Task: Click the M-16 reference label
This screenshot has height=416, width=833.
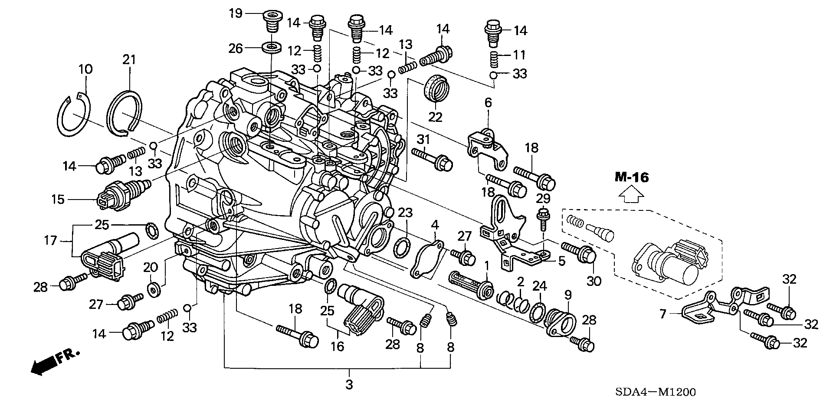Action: pyautogui.click(x=631, y=177)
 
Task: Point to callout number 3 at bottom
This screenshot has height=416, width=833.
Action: pyautogui.click(x=349, y=385)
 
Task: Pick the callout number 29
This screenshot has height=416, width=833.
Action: pyautogui.click(x=543, y=199)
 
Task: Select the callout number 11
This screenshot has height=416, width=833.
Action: pyautogui.click(x=519, y=55)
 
